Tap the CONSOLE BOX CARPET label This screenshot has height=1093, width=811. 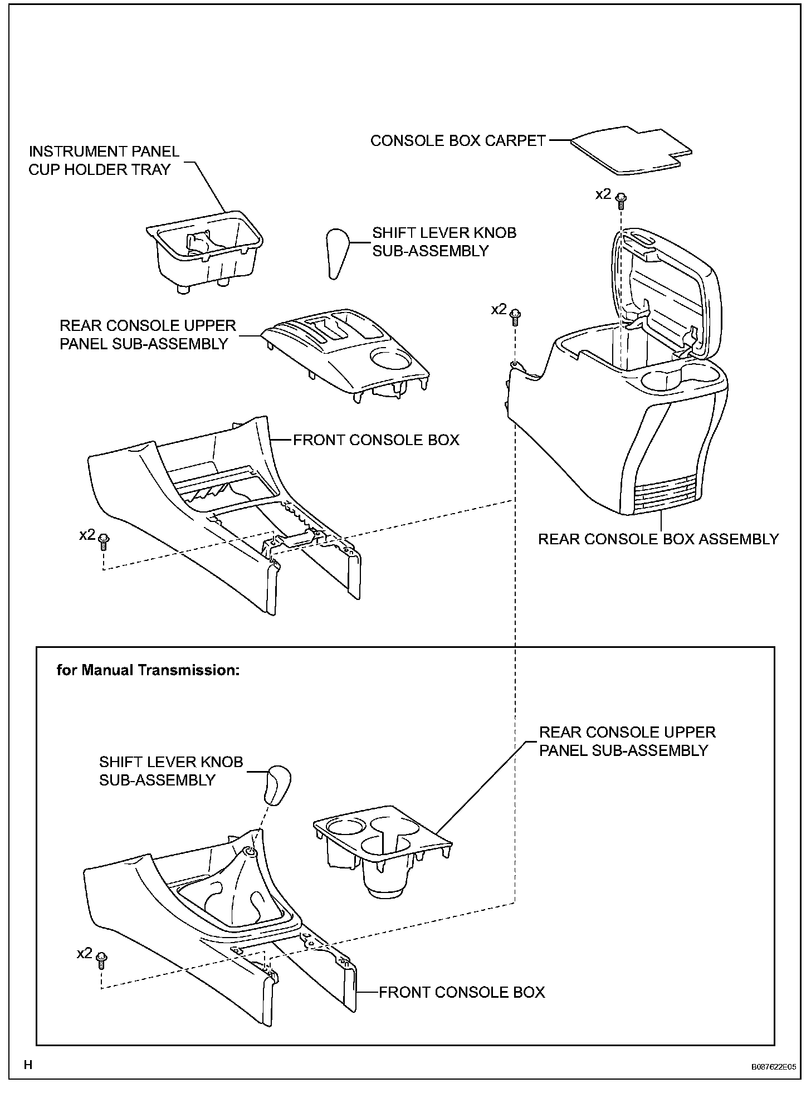[458, 140]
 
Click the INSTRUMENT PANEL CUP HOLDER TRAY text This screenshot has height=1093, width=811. [104, 160]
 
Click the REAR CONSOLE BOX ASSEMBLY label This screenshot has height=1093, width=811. [658, 539]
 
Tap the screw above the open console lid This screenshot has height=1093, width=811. [621, 198]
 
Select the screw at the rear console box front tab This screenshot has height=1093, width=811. [516, 315]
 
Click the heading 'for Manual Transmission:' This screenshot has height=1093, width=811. [148, 670]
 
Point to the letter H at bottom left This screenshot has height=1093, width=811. [28, 1065]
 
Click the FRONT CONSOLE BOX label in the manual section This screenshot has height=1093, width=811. [462, 992]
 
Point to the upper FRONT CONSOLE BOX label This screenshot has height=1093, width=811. [376, 440]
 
